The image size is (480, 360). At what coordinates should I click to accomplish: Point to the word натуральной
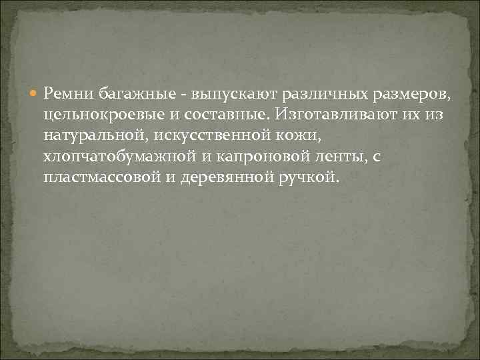click(x=97, y=136)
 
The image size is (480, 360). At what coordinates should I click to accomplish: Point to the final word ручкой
click(x=311, y=179)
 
